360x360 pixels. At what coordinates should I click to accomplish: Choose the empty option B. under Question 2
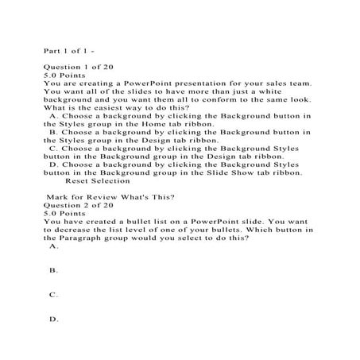click(x=54, y=271)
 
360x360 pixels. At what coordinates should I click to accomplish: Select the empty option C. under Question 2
click(x=54, y=295)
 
